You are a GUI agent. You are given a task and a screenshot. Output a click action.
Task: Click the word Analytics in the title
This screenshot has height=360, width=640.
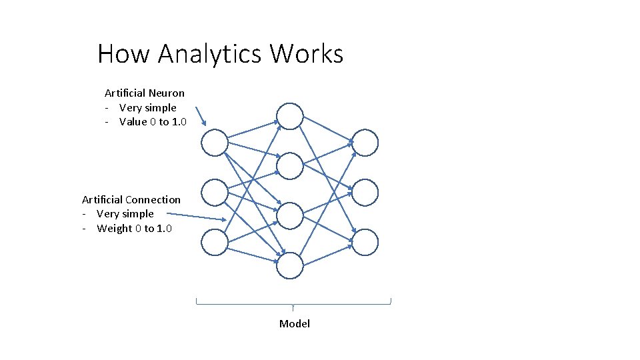210,53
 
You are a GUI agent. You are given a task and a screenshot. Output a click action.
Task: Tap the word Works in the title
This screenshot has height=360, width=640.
307,53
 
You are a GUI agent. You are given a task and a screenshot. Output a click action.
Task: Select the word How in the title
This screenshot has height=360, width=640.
125,53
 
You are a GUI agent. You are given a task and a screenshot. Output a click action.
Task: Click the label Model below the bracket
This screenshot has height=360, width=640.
295,323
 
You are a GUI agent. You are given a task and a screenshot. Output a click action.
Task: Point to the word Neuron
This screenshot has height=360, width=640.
167,93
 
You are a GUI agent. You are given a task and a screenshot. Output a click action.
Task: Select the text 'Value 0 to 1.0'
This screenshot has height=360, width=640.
153,121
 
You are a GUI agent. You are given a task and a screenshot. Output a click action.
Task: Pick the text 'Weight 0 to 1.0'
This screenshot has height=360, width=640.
134,229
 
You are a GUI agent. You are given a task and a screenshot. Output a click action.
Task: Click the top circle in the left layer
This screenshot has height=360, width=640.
215,143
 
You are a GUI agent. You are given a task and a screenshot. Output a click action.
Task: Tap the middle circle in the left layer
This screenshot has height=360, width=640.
215,193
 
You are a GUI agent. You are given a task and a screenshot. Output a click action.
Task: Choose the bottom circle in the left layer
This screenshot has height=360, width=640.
215,243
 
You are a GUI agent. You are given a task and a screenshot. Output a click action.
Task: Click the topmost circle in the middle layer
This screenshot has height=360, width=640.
290,115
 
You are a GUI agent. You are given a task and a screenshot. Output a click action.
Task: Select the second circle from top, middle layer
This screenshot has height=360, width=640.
290,166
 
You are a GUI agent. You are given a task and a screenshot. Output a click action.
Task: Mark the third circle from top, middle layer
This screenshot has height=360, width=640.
290,215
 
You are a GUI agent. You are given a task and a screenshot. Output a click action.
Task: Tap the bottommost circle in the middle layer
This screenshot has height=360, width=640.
290,266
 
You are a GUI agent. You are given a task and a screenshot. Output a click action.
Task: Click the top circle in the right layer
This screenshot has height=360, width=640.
365,143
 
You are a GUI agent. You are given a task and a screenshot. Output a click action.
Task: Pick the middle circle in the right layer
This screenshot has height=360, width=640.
365,193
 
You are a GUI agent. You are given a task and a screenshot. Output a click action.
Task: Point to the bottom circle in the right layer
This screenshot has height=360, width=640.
365,243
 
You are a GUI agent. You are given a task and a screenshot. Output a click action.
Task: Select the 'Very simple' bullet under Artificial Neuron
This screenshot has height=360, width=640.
147,107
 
